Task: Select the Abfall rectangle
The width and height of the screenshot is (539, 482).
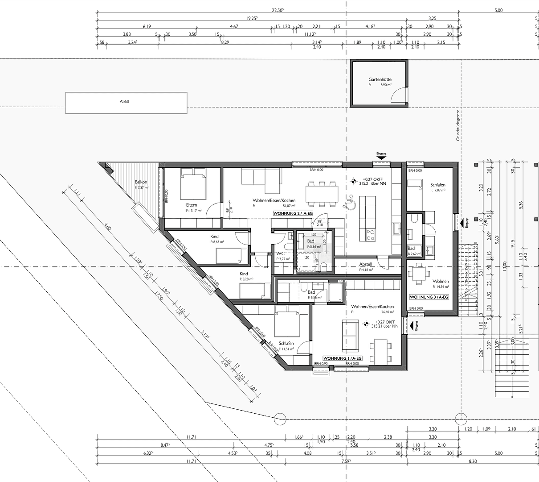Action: (126, 102)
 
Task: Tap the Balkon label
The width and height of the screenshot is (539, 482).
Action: (141, 182)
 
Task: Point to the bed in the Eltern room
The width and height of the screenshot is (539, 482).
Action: (193, 187)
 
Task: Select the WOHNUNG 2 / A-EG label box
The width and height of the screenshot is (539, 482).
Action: (293, 214)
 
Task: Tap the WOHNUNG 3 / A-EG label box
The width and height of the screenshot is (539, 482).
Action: (429, 297)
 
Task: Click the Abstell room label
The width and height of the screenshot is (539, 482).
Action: (366, 264)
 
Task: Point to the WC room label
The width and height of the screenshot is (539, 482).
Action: (280, 253)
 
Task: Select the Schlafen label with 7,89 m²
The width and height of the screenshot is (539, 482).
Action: (437, 185)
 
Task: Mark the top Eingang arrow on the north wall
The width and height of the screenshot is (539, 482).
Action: (382, 158)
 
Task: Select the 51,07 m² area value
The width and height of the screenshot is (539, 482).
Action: (289, 206)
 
